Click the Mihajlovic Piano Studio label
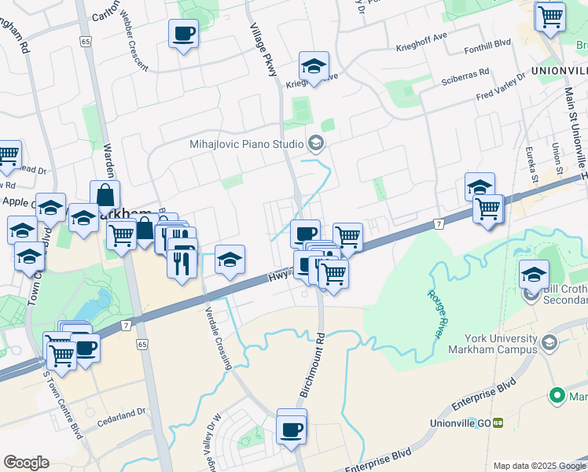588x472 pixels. coord(246,144)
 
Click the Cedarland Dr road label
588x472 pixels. coord(122,412)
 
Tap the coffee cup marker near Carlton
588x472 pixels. coord(183,34)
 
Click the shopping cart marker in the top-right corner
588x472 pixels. coord(549,16)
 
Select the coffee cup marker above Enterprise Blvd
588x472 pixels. coord(292,429)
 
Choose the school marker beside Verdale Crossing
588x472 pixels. coord(229,260)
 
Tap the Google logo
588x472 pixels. coord(26,463)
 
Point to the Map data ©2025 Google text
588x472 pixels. coord(538,466)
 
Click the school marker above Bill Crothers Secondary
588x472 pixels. coord(534,275)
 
